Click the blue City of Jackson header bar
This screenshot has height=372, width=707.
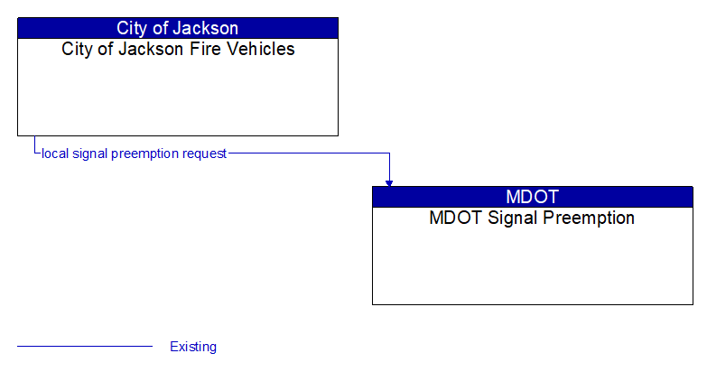(x=178, y=28)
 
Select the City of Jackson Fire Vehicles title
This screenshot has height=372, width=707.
(x=178, y=49)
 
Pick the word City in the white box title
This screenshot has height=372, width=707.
(x=77, y=49)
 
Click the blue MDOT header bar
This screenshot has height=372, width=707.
(x=532, y=197)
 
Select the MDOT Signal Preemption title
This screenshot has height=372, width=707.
(x=532, y=218)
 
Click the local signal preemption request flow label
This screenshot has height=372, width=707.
(x=134, y=153)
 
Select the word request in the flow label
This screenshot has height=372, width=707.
(x=204, y=153)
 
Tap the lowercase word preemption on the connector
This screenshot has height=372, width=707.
(x=144, y=153)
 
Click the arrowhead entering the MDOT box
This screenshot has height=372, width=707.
(x=389, y=182)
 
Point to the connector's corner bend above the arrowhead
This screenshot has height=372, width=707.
(x=389, y=153)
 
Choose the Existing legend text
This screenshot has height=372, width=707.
(x=193, y=347)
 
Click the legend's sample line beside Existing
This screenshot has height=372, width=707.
(x=85, y=346)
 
